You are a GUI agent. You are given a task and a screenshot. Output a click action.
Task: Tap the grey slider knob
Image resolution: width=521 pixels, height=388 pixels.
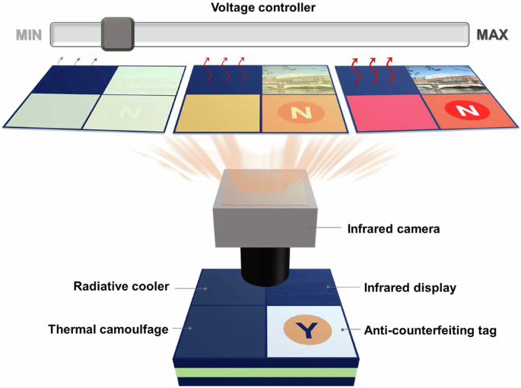118,33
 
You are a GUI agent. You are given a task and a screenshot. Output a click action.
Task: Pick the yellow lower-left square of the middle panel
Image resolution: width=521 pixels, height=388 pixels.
219,113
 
